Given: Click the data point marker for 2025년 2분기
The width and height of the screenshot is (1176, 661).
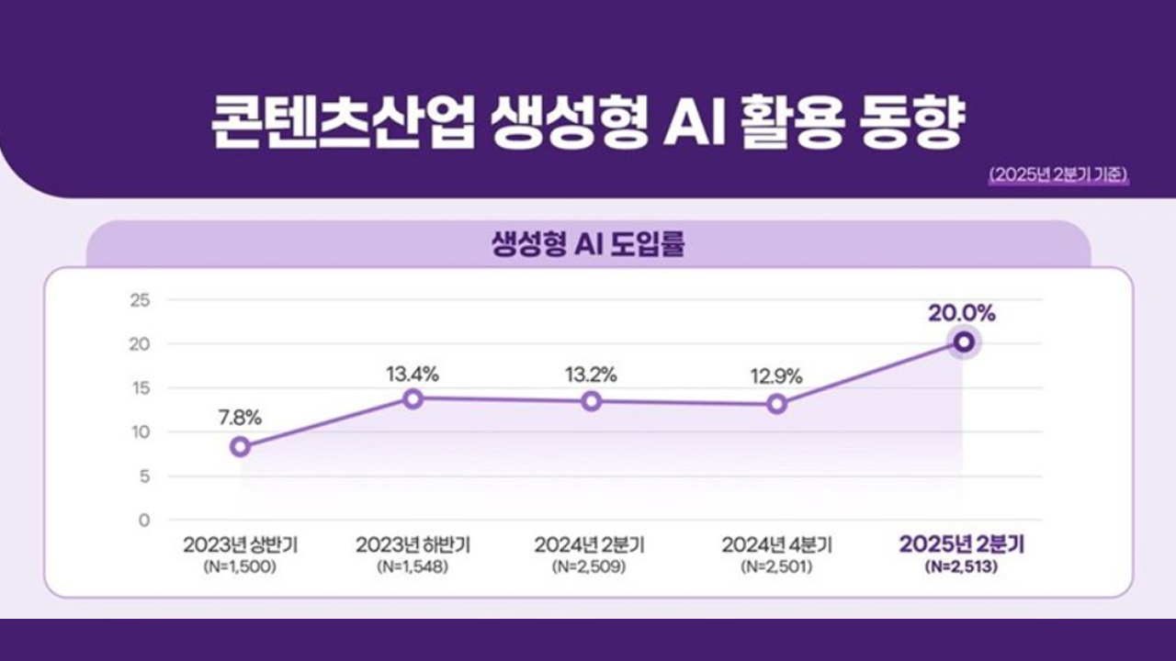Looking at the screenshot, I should coord(963,342).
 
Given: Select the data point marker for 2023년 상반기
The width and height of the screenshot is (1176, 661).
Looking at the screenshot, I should coord(241,446).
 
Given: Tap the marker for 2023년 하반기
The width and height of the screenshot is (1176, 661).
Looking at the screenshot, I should coord(413,398).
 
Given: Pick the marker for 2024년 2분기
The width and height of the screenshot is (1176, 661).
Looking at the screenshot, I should coord(592,400).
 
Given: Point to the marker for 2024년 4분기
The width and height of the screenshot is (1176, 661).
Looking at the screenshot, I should coord(777,404).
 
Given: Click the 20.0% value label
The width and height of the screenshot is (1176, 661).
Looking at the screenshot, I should coord(962,313).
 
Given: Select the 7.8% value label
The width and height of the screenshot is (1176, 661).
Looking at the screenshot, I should coord(240,417).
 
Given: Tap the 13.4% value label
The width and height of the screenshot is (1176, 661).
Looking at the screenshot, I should coord(412,374).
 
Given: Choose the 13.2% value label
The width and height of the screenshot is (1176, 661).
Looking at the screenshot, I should coord(590,375).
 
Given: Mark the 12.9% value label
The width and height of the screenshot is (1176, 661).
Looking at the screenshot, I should coord(776,375).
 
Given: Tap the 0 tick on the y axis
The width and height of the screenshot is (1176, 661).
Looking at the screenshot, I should coord(143,521).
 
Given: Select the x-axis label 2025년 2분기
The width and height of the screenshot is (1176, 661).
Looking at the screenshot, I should coord(962,544).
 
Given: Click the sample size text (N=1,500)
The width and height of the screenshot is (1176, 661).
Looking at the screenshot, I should coord(240,567).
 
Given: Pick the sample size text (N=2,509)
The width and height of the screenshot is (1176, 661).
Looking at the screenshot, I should coord(590,567).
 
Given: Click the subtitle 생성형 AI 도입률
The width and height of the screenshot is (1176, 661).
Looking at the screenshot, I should coord(588,246).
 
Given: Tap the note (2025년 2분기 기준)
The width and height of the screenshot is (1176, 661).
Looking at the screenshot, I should coord(1059,174).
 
